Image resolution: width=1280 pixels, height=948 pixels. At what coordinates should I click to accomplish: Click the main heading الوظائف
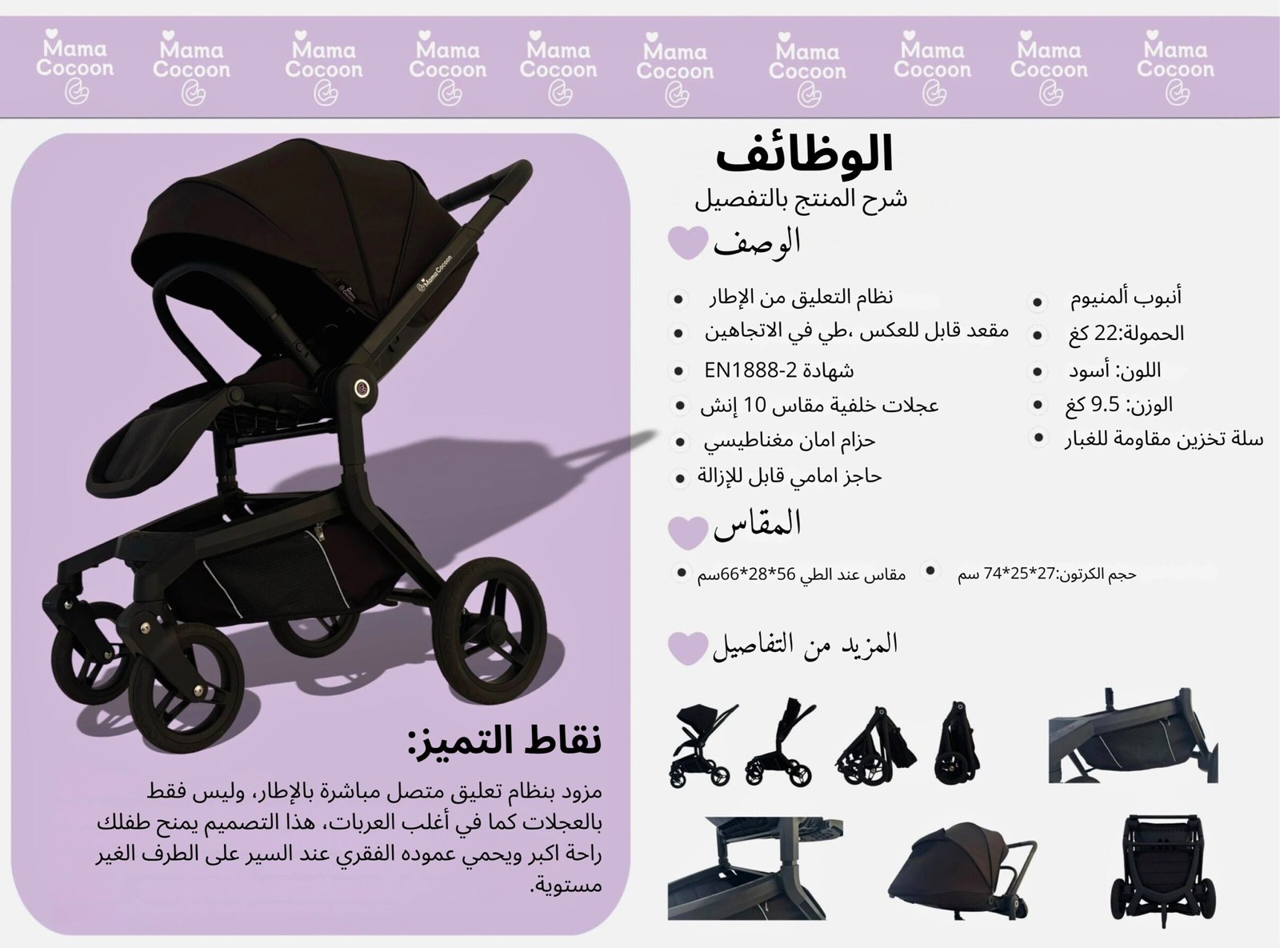pyautogui.click(x=804, y=154)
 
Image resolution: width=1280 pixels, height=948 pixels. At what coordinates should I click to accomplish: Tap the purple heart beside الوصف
pyautogui.click(x=688, y=242)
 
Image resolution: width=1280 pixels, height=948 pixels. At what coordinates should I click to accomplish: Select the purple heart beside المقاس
pyautogui.click(x=688, y=532)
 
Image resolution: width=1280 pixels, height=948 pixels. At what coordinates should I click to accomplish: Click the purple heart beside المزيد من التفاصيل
pyautogui.click(x=688, y=648)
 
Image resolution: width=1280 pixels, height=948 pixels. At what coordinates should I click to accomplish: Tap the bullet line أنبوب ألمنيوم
pyautogui.click(x=1126, y=297)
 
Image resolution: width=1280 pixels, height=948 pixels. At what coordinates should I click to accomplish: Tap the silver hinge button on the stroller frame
pyautogui.click(x=362, y=388)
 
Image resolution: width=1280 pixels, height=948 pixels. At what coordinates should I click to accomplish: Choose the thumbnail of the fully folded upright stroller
pyautogui.click(x=956, y=744)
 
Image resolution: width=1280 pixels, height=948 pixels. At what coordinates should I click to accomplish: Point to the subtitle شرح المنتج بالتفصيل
pyautogui.click(x=801, y=199)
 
